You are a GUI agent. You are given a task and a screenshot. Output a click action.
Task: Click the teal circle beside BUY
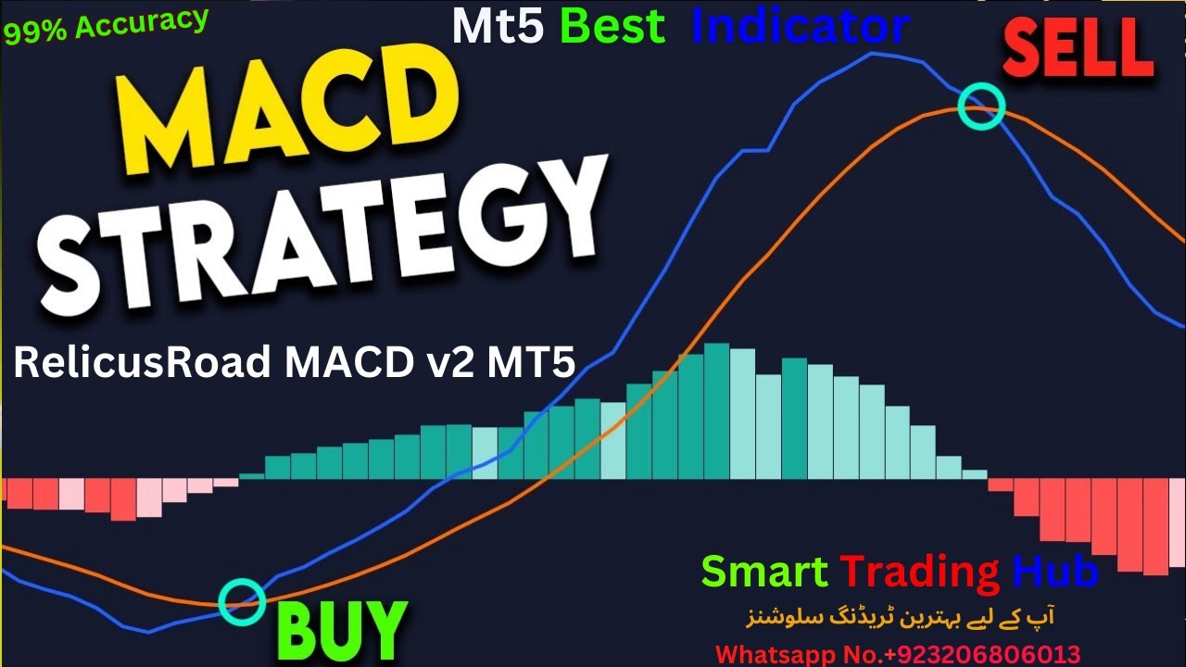[242, 601]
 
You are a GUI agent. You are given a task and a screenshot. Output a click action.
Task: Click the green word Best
[612, 28]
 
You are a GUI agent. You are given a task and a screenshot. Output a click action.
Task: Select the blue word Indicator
[800, 28]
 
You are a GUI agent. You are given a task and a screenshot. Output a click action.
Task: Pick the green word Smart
[764, 571]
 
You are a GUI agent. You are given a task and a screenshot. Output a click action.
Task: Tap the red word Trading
[919, 571]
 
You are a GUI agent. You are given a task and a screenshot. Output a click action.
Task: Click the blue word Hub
[1055, 571]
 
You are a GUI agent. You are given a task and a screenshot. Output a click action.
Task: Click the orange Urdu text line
[900, 616]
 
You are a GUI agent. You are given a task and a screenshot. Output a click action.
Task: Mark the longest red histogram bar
[1155, 526]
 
